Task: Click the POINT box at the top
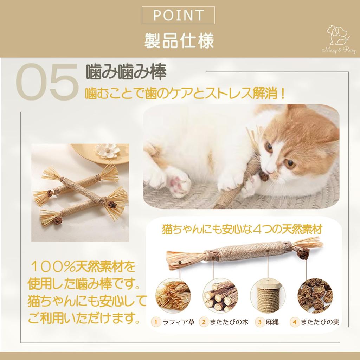coord(179,15)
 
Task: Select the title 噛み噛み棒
coord(126,72)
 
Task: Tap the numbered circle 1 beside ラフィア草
coord(155,321)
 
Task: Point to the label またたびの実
coord(319,321)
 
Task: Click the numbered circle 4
coord(295,321)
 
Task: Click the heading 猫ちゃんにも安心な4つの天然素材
coord(242,230)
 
